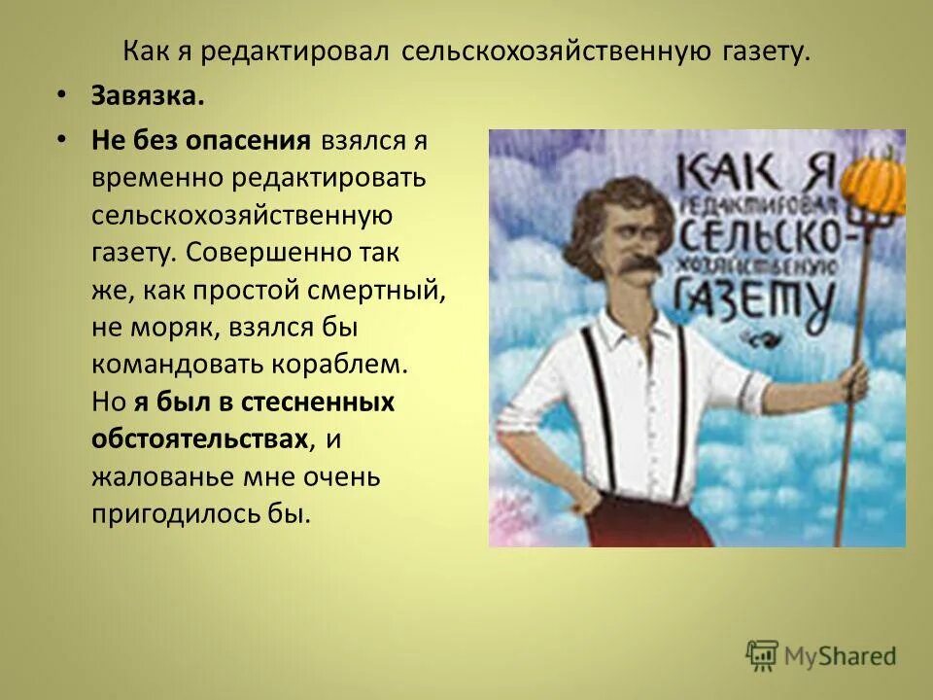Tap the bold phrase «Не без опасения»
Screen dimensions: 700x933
tap(201, 140)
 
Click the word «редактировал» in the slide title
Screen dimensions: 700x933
tap(294, 52)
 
